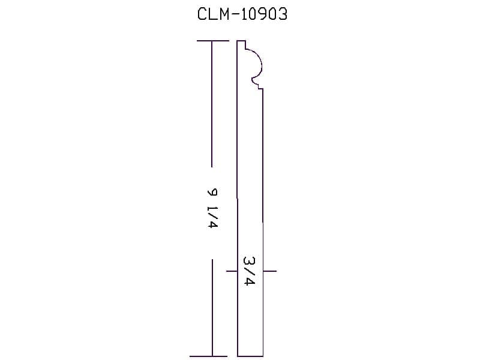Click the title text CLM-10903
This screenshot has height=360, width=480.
coord(242,14)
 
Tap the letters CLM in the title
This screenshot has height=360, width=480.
coord(213,14)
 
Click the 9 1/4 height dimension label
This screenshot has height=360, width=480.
coord(212,208)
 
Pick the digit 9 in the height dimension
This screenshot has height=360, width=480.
coord(212,192)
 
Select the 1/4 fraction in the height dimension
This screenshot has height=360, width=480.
coord(212,217)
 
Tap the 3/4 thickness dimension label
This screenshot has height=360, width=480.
coord(249,271)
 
